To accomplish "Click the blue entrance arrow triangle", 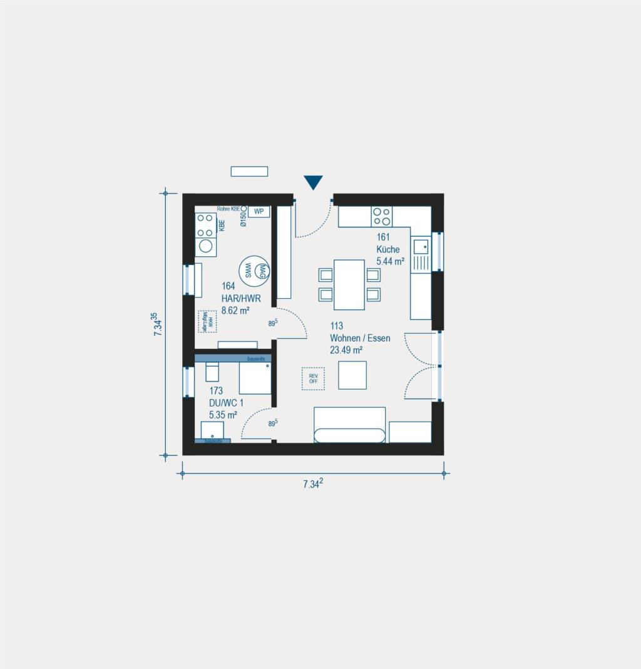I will point(313,182).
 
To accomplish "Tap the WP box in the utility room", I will point(258,211).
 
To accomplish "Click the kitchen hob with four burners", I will point(382,217).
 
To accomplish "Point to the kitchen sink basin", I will point(421,246).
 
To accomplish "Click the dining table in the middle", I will point(349,284).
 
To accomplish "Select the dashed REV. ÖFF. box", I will point(313,378).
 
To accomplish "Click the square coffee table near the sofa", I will point(352,375).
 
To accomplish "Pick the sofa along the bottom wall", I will point(349,425).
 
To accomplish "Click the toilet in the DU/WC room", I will point(212,371).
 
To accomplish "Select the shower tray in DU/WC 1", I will point(255,378).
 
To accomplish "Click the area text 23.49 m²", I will point(347,350).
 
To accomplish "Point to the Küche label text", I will point(387,249).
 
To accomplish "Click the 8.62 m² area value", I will point(235,309).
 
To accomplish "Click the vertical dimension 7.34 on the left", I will point(158,325).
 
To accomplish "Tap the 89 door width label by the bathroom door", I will point(273,424).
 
